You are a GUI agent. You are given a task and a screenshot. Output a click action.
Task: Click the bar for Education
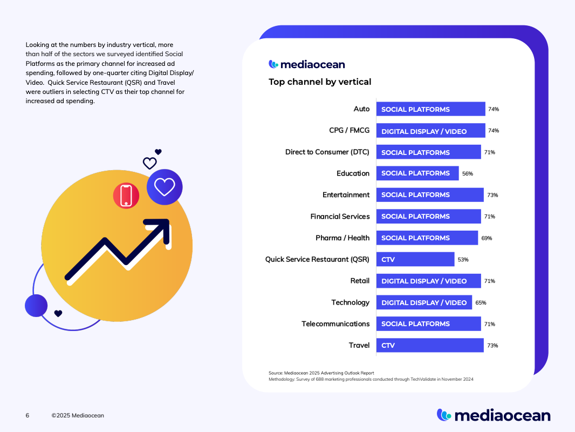(x=417, y=173)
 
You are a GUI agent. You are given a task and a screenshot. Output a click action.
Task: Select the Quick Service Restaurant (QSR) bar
(x=415, y=259)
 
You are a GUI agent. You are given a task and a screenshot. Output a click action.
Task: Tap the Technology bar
(x=424, y=302)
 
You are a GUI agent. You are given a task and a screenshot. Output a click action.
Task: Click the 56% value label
(x=467, y=173)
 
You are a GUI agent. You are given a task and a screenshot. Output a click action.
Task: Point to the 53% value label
(x=463, y=260)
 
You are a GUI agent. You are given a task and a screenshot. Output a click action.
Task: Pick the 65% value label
(x=481, y=303)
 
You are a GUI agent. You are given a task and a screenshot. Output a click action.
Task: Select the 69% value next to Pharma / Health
(x=487, y=238)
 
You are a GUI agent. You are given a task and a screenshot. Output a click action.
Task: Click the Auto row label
(x=361, y=109)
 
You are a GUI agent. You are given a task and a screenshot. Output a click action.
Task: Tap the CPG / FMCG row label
(x=349, y=131)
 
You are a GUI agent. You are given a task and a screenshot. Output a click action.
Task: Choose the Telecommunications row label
(x=336, y=324)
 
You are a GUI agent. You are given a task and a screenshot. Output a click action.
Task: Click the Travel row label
(x=359, y=346)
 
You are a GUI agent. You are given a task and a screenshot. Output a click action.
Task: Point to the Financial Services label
(x=340, y=217)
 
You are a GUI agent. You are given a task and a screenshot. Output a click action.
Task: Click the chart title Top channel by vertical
(x=320, y=82)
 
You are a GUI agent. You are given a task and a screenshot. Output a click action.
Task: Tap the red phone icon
(x=126, y=195)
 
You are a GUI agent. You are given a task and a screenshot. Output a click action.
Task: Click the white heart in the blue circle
(x=165, y=187)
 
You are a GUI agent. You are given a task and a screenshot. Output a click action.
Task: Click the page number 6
(x=28, y=416)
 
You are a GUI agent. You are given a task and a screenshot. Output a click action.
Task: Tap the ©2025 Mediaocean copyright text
(x=78, y=416)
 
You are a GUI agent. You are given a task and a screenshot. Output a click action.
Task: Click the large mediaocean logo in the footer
(x=494, y=415)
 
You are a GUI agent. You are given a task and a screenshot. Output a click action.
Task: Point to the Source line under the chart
(x=321, y=373)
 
